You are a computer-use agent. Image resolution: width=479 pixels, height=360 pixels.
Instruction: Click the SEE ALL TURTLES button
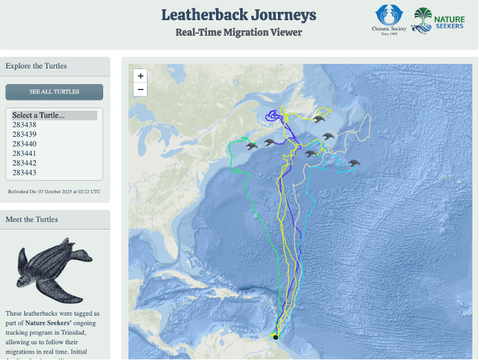click(x=54, y=92)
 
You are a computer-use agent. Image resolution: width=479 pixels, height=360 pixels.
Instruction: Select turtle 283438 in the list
click(x=24, y=125)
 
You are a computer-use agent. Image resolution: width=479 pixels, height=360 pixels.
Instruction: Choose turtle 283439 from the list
click(x=24, y=134)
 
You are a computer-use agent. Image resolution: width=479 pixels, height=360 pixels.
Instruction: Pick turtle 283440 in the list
click(x=24, y=143)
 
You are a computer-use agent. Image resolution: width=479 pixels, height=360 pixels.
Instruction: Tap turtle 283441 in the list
click(x=24, y=153)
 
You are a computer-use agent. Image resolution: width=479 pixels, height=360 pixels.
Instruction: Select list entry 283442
click(x=24, y=163)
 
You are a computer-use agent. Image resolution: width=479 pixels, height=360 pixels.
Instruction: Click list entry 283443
click(x=24, y=172)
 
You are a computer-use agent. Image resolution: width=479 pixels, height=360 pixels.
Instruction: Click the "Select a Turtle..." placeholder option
click(x=39, y=115)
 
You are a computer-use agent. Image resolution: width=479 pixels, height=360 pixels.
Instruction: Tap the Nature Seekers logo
click(x=439, y=20)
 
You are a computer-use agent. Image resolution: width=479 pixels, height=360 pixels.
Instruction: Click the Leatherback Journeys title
click(x=239, y=15)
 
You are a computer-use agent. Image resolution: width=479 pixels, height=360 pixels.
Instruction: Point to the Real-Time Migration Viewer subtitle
click(x=239, y=33)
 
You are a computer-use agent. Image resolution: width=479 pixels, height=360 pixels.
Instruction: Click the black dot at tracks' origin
click(x=275, y=337)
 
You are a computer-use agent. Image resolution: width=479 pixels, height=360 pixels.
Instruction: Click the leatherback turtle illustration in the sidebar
click(x=45, y=271)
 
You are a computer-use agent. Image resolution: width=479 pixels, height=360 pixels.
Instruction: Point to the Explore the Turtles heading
click(x=36, y=66)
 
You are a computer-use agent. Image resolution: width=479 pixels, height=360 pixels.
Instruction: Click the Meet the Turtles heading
click(x=32, y=219)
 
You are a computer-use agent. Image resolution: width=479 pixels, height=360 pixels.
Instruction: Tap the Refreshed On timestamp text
click(x=54, y=192)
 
